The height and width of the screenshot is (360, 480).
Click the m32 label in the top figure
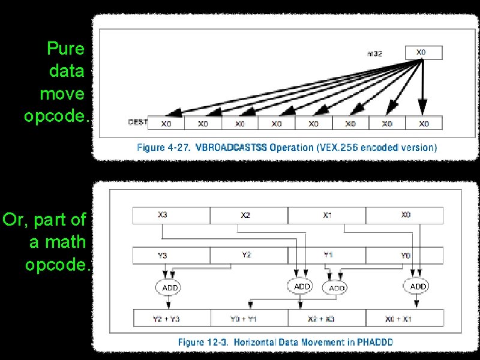click(x=374, y=53)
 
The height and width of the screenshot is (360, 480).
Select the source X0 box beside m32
click(x=423, y=52)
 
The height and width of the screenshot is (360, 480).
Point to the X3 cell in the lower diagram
click(x=163, y=215)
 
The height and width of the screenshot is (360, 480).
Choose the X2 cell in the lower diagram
click(x=246, y=215)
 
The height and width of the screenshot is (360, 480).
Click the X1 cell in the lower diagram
click(x=326, y=215)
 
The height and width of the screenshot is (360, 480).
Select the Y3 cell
click(x=163, y=256)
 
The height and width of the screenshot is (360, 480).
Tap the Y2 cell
click(x=246, y=255)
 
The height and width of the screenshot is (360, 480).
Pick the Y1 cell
click(x=328, y=255)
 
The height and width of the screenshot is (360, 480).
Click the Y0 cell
click(x=406, y=256)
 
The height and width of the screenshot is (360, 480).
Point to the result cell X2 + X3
click(x=326, y=318)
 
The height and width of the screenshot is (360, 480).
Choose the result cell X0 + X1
click(x=406, y=318)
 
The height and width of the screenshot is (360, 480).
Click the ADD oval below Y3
click(x=170, y=288)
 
